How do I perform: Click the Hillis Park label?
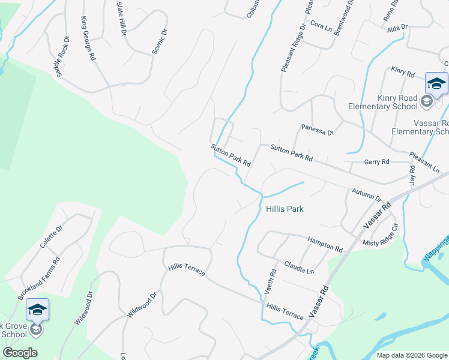(x=285, y=209)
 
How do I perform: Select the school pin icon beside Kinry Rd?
(x=436, y=84)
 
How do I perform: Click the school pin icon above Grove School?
(x=37, y=310)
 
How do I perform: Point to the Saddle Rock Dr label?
(x=62, y=56)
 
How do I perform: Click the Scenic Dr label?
(x=159, y=40)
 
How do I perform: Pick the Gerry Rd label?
(x=376, y=162)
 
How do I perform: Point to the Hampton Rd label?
(x=325, y=244)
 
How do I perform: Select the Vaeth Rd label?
(x=270, y=281)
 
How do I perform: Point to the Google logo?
(x=20, y=353)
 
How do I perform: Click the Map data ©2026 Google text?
(x=411, y=355)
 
